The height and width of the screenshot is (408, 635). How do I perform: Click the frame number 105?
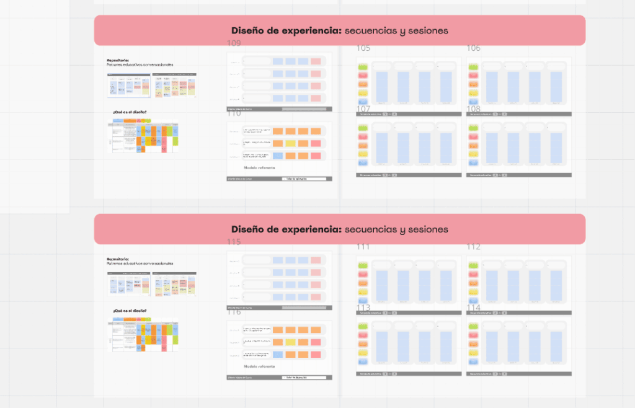pyautogui.click(x=363, y=48)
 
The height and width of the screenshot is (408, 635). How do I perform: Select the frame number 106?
pyautogui.click(x=474, y=48)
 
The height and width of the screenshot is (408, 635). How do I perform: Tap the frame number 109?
pyautogui.click(x=234, y=43)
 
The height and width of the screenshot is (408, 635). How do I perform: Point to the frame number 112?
pyautogui.click(x=474, y=247)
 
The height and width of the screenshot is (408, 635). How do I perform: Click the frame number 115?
pyautogui.click(x=234, y=242)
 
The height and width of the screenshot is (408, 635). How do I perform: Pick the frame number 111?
pyautogui.click(x=363, y=247)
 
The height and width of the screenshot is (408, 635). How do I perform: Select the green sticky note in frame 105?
pyautogui.click(x=363, y=67)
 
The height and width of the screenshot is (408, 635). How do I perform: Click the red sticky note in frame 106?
pyautogui.click(x=474, y=76)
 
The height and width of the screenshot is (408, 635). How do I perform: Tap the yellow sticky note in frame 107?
pyautogui.click(x=363, y=154)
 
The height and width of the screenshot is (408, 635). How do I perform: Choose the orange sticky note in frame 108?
pyautogui.click(x=474, y=145)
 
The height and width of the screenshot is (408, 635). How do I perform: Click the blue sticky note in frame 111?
pyautogui.click(x=363, y=301)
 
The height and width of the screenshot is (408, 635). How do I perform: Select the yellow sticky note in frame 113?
pyautogui.click(x=363, y=352)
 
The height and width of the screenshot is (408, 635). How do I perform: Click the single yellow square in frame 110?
pyautogui.click(x=278, y=143)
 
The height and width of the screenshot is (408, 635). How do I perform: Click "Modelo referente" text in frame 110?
pyautogui.click(x=259, y=167)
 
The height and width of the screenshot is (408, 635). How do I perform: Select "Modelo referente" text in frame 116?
pyautogui.click(x=259, y=366)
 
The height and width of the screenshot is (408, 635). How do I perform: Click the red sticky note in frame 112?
pyautogui.click(x=474, y=274)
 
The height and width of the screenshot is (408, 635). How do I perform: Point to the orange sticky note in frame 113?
pyautogui.click(x=363, y=344)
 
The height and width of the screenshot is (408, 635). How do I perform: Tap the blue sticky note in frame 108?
pyautogui.click(x=474, y=162)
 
